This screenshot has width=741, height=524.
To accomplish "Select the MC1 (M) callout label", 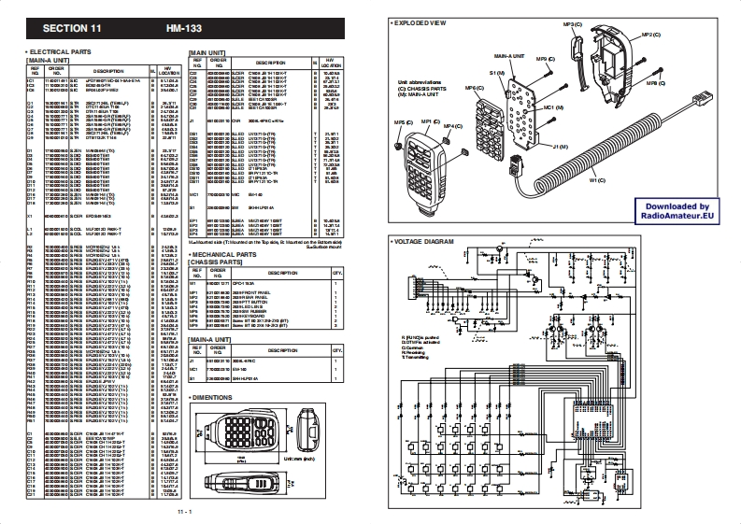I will (554, 108).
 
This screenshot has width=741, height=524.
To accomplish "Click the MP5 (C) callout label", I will (403, 122).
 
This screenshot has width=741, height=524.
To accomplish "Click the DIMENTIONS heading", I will (214, 398).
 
